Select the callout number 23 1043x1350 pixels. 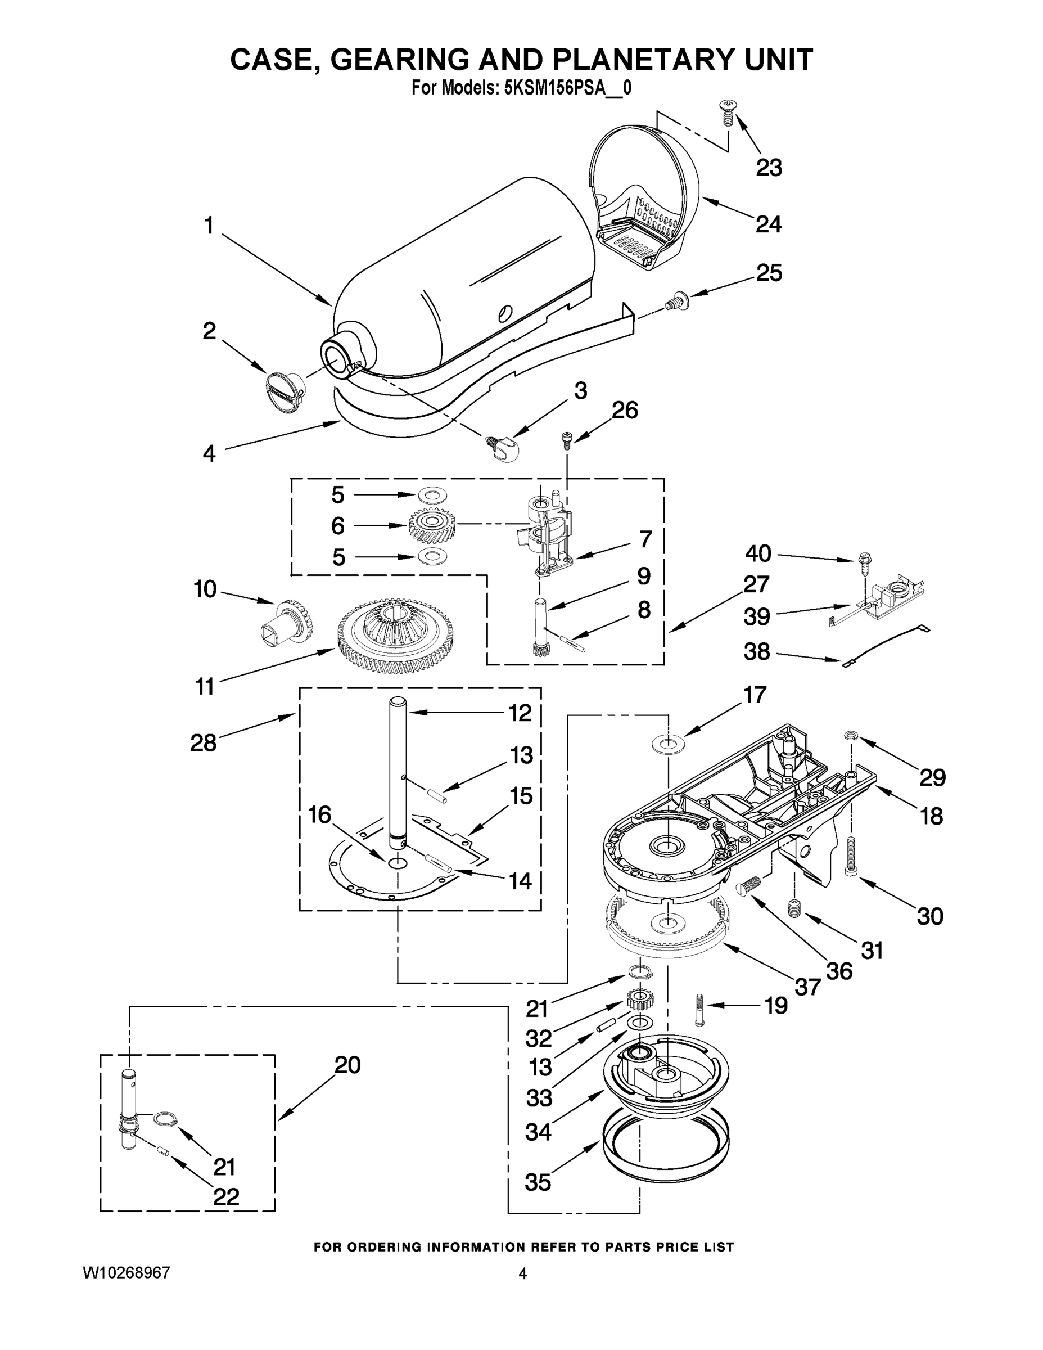(x=769, y=168)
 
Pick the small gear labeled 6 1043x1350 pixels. (x=432, y=526)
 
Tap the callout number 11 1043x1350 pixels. (x=205, y=686)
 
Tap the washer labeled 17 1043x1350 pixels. (x=669, y=741)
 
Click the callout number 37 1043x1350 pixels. (x=807, y=987)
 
